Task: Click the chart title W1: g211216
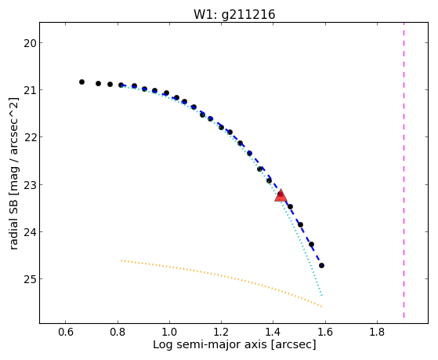(234, 15)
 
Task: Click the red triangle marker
(281, 195)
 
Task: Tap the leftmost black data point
(81, 82)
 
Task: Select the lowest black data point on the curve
(321, 265)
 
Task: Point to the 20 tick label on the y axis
(30, 43)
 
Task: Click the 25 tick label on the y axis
(30, 279)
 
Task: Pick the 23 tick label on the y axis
(30, 185)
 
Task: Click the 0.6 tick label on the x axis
(65, 332)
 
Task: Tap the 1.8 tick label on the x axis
(377, 332)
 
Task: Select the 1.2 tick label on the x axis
(221, 332)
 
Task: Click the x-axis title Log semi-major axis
(210, 345)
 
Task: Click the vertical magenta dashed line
(404, 170)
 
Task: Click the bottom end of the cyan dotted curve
(322, 296)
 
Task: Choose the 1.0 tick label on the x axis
(169, 332)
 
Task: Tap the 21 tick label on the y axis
(30, 90)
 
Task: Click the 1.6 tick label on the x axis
(325, 332)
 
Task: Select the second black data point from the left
(98, 83)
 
